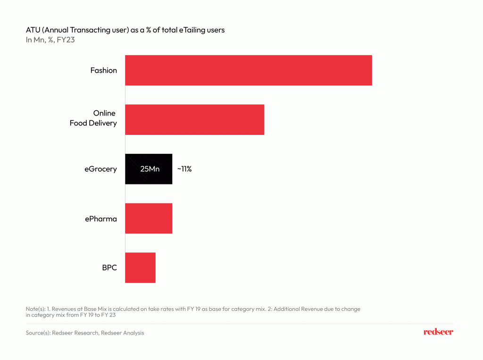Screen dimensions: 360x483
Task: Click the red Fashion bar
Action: coord(248,70)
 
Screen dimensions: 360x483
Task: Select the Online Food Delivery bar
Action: coord(194,119)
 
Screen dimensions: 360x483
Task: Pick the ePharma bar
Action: coord(149,218)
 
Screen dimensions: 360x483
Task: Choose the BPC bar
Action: coord(140,268)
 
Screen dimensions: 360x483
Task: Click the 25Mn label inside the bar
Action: coord(150,169)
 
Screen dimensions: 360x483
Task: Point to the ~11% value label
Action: coord(184,168)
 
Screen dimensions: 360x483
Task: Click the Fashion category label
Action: coord(104,70)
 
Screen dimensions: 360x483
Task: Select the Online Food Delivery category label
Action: coord(93,118)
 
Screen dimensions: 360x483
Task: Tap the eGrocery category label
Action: coord(97,169)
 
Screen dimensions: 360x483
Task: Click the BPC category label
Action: coord(109,268)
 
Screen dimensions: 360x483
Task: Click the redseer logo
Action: coord(438,332)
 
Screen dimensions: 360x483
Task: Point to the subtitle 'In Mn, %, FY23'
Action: coord(50,40)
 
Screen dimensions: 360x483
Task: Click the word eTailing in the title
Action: coord(193,30)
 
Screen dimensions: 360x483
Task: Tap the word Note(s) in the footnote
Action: coord(36,309)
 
